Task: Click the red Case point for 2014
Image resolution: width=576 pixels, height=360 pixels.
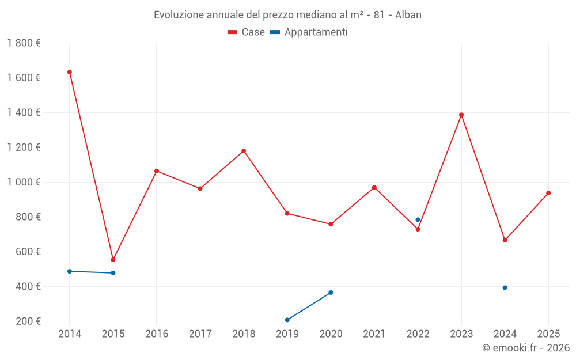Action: pyautogui.click(x=70, y=72)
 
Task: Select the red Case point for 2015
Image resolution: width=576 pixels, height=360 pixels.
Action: pyautogui.click(x=113, y=260)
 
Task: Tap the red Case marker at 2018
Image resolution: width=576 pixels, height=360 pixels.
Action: pyautogui.click(x=244, y=151)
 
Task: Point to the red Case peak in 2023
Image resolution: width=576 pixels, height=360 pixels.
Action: pyautogui.click(x=461, y=115)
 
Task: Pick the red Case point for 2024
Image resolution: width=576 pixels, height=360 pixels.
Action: pyautogui.click(x=505, y=240)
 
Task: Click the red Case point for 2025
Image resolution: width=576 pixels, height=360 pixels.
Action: pyautogui.click(x=548, y=193)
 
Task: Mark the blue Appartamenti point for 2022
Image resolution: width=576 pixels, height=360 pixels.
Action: pyautogui.click(x=418, y=219)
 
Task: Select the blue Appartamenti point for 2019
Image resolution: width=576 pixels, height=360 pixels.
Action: pyautogui.click(x=287, y=320)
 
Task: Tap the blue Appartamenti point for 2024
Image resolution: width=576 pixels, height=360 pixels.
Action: pyautogui.click(x=505, y=287)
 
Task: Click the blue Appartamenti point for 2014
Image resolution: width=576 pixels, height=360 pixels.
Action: pyautogui.click(x=70, y=271)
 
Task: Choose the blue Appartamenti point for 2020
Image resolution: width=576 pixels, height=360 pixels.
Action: pyautogui.click(x=331, y=293)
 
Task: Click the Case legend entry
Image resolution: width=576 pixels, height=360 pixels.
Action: pyautogui.click(x=247, y=32)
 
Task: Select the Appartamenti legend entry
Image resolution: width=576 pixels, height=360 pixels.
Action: pyautogui.click(x=309, y=32)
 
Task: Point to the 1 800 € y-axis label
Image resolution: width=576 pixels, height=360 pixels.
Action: pyautogui.click(x=24, y=43)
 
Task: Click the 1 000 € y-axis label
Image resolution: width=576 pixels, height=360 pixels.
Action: pyautogui.click(x=24, y=182)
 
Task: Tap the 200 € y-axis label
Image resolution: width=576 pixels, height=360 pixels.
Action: pyautogui.click(x=27, y=321)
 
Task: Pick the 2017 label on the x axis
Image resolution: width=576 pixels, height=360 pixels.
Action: pyautogui.click(x=200, y=334)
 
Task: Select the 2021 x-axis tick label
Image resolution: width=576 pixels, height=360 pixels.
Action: pyautogui.click(x=374, y=334)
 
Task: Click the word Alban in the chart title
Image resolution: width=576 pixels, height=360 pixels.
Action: pyautogui.click(x=408, y=15)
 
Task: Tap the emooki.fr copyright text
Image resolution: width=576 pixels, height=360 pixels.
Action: pyautogui.click(x=526, y=348)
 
